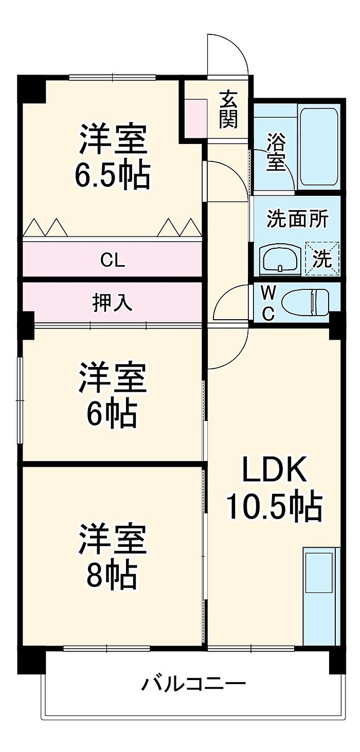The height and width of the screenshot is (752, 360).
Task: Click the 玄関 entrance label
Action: [x=228, y=109]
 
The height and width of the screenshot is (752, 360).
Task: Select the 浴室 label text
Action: [x=276, y=152]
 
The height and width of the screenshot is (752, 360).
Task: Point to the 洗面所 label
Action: [x=297, y=219]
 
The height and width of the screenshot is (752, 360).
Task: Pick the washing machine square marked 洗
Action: [x=322, y=259]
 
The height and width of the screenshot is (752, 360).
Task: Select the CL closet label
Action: [x=113, y=261]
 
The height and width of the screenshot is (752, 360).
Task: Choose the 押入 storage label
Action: [x=113, y=303]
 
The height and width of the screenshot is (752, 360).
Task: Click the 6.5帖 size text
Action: [x=113, y=176]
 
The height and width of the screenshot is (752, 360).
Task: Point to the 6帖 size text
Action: [x=112, y=414]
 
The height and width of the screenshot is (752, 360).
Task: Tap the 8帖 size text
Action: [x=112, y=575]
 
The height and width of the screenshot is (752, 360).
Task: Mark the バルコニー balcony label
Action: [x=194, y=684]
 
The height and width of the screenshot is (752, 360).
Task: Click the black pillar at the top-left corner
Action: [x=32, y=88]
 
